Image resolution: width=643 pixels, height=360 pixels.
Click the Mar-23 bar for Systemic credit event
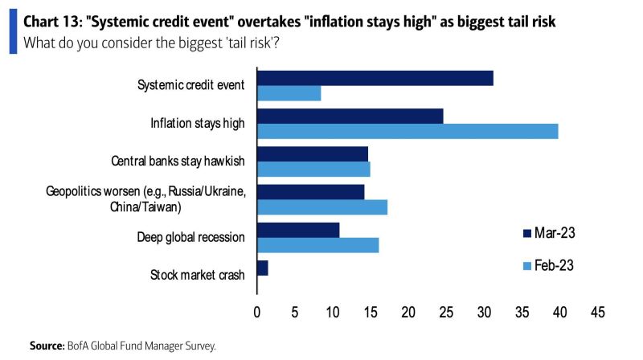[375, 78]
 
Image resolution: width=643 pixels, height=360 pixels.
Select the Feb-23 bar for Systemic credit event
[289, 93]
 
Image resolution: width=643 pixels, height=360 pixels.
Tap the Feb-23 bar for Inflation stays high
[408, 131]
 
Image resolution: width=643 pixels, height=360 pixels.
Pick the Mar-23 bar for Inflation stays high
[350, 116]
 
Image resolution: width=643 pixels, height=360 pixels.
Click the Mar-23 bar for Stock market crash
[262, 268]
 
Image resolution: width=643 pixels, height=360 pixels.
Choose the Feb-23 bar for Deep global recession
[317, 245]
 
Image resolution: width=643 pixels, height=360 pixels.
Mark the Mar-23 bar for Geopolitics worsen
[310, 191]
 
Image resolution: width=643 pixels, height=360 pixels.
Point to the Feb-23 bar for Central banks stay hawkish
[313, 169]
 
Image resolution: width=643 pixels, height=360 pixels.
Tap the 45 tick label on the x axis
[598, 311]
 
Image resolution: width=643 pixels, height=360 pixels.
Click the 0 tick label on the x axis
[257, 311]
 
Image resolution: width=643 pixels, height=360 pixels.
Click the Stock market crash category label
[197, 276]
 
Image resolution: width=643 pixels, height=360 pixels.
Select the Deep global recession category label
[190, 237]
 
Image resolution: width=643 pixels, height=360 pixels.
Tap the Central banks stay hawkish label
[178, 161]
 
